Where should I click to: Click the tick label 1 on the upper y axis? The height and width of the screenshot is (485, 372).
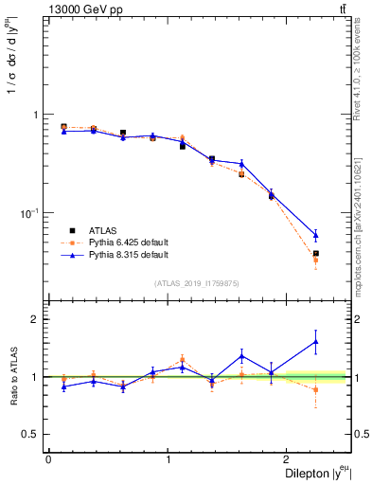coord(37,115)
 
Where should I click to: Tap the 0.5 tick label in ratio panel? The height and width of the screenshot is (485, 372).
coord(31,434)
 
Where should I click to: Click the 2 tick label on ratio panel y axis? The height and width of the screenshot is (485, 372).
coord(37,319)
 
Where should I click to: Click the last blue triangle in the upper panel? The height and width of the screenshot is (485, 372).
coord(315,234)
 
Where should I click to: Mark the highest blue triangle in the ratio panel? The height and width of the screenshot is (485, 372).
coord(315,342)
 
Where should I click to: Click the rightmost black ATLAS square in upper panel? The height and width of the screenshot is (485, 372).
coord(315,253)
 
